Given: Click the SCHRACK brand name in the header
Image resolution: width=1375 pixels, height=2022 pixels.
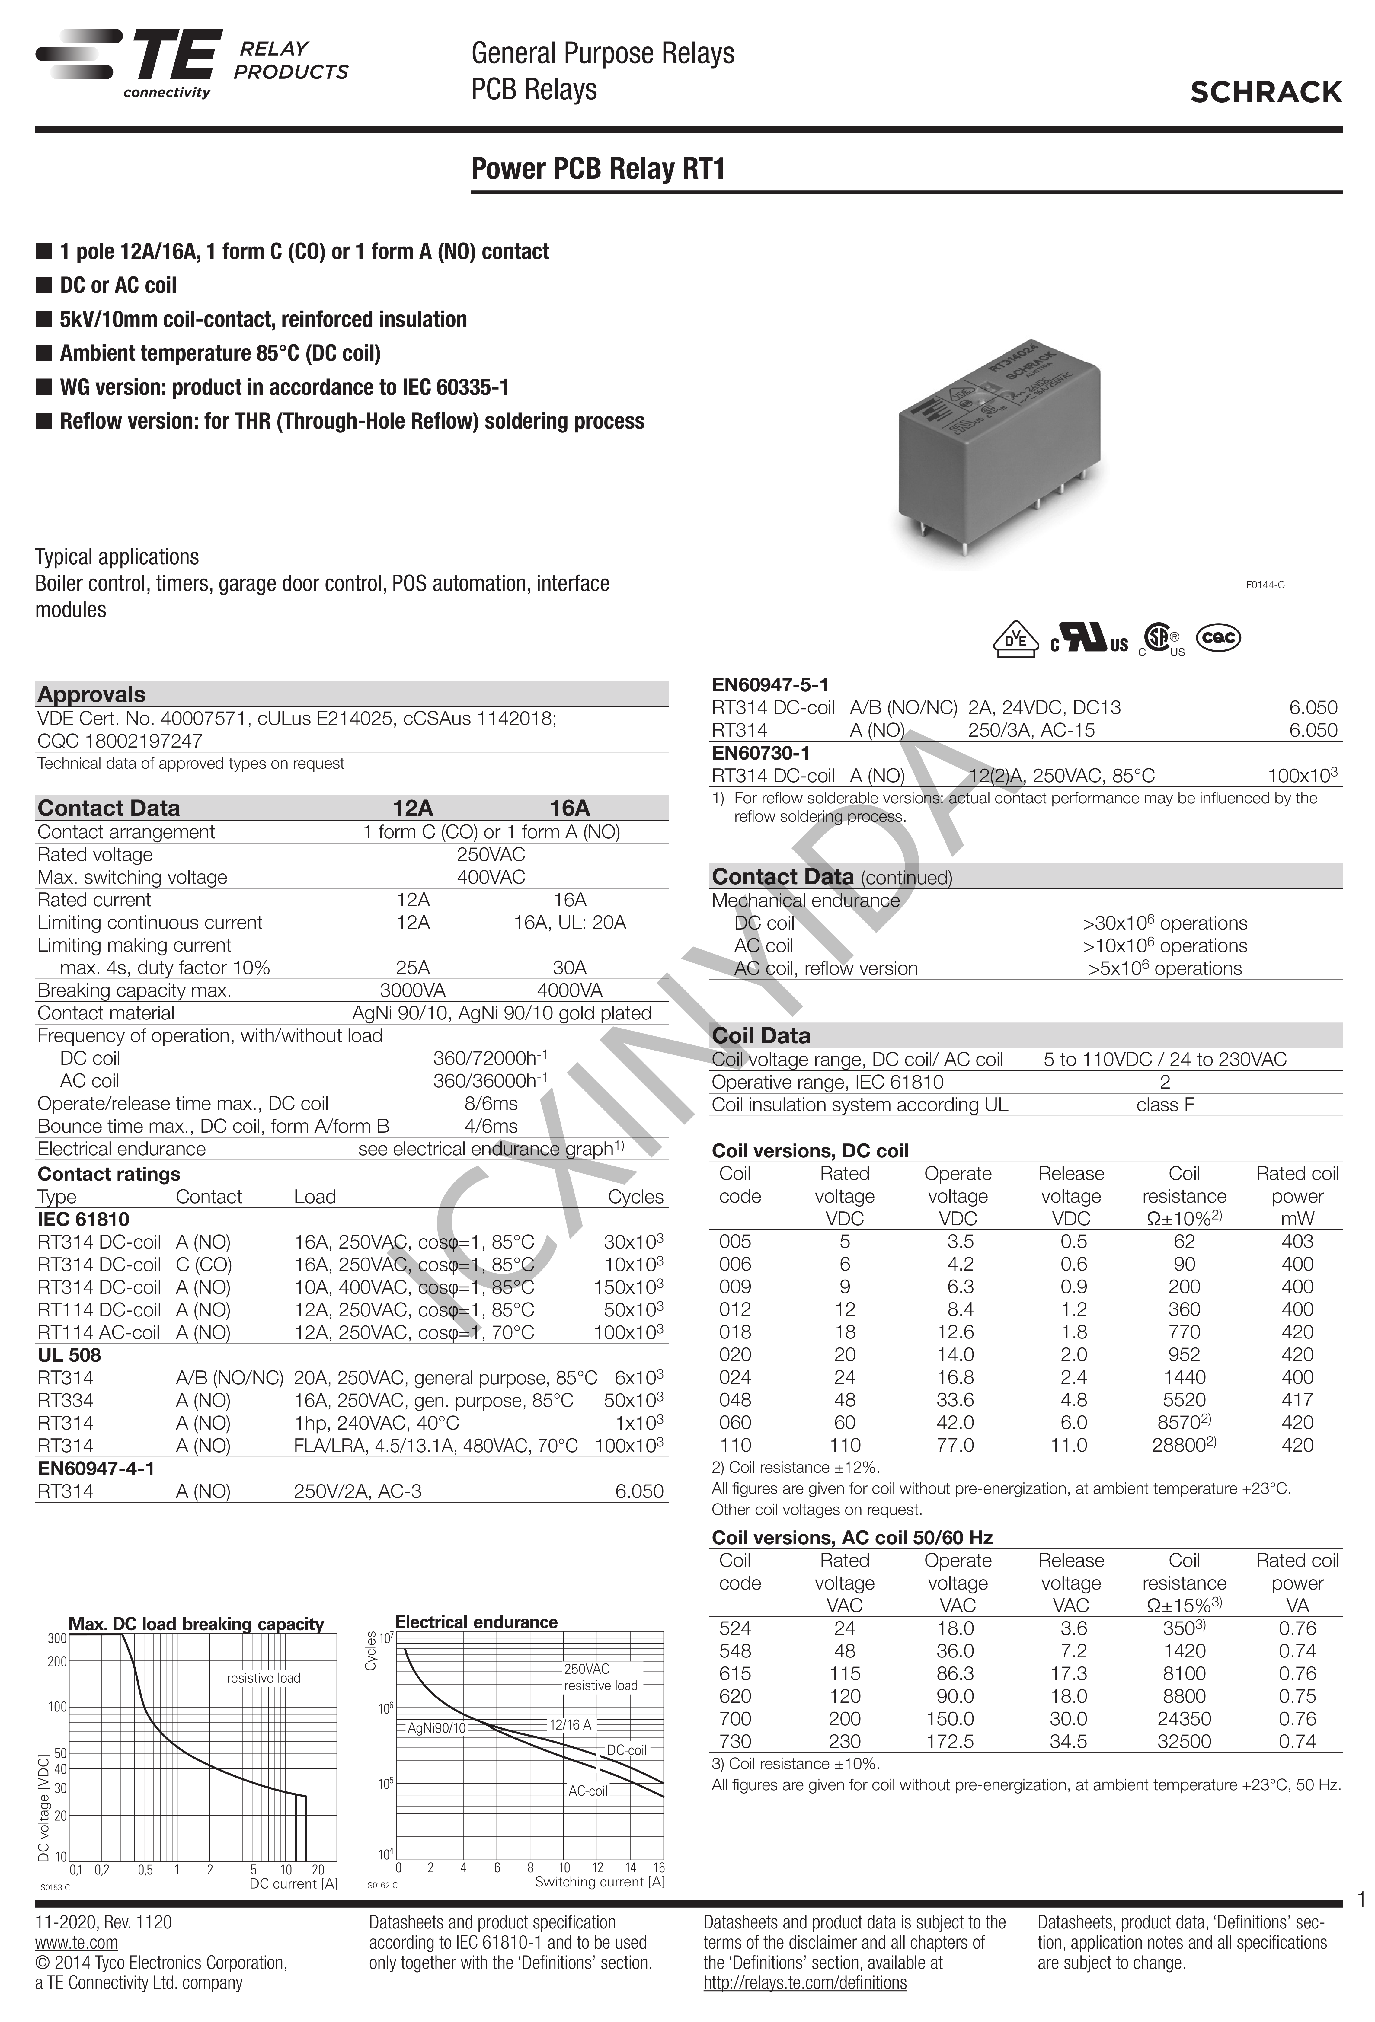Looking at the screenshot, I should point(1265,92).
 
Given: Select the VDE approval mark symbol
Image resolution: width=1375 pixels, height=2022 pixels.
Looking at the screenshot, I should point(1015,639).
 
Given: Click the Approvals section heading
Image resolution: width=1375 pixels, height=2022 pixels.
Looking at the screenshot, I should point(91,694).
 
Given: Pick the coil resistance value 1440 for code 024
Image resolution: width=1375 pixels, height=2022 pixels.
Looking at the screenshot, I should point(1184,1377).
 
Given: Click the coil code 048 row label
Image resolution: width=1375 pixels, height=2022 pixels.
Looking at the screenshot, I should point(735,1400).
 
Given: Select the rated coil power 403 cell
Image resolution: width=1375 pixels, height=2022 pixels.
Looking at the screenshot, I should point(1297,1242).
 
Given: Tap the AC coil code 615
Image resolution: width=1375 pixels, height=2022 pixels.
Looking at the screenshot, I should point(735,1673).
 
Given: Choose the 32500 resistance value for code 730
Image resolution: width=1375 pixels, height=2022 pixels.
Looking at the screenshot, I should point(1184,1741).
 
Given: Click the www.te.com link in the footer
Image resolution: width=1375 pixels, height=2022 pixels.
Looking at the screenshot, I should point(77,1943).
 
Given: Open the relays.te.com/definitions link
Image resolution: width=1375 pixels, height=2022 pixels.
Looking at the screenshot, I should point(805,1983).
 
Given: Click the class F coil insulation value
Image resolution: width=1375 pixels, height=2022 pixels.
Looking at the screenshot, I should point(1164,1105).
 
